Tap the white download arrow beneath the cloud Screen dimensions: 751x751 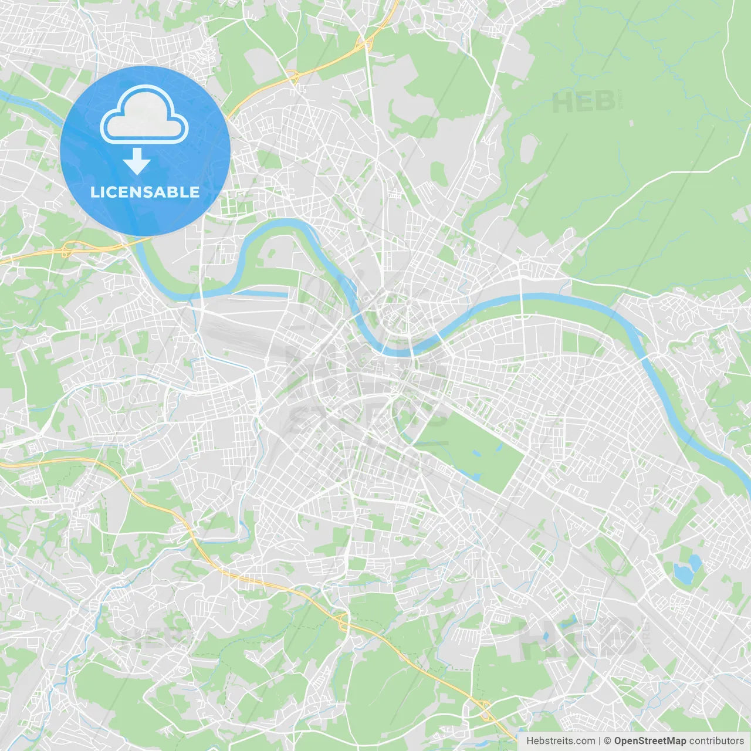point(137,161)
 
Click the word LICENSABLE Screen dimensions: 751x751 point(145,192)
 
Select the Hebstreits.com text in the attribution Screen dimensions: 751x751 point(560,741)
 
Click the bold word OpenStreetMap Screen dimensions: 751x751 point(649,741)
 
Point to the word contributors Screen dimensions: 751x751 point(716,741)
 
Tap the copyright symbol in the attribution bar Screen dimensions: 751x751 point(608,741)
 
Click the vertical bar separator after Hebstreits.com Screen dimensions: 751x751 point(600,741)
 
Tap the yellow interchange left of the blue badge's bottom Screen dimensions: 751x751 point(66,251)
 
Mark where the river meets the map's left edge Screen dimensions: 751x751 point(2,93)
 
